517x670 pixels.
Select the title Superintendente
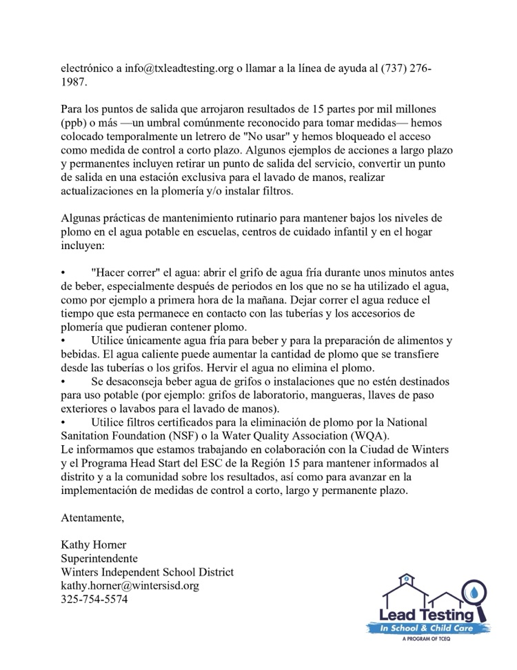click(99, 558)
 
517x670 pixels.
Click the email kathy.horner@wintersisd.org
click(130, 585)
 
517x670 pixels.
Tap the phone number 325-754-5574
click(94, 599)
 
